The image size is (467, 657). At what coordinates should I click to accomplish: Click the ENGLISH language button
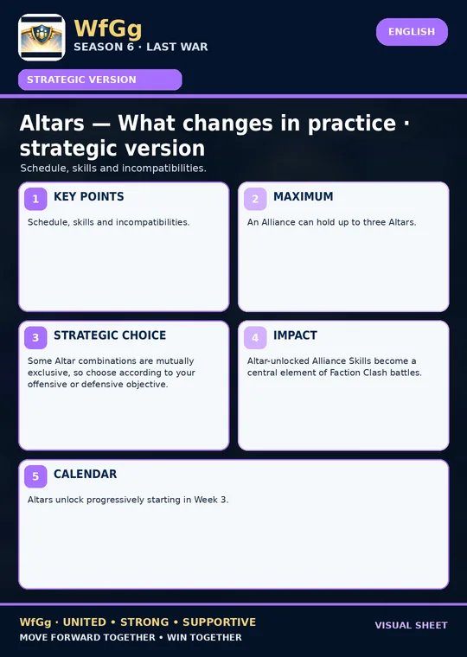click(412, 32)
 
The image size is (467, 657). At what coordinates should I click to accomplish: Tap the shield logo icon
click(42, 37)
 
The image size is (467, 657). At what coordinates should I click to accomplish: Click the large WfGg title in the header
click(108, 29)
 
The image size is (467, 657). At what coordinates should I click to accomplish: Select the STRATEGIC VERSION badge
click(99, 80)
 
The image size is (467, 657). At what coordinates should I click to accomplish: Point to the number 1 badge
click(35, 199)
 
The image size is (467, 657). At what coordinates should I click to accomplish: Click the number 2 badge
click(255, 199)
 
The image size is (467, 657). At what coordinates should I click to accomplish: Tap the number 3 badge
click(35, 337)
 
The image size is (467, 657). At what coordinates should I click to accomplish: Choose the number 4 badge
click(255, 337)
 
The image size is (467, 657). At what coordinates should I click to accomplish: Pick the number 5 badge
click(35, 476)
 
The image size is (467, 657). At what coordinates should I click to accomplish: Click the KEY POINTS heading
click(89, 196)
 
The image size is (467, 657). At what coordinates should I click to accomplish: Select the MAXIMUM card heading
click(303, 196)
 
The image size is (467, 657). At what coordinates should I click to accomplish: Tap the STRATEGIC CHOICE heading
click(110, 335)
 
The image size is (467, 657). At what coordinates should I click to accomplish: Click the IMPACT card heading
click(295, 335)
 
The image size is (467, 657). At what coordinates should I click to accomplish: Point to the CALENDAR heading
click(85, 474)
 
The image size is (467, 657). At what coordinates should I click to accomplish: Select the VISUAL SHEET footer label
click(412, 625)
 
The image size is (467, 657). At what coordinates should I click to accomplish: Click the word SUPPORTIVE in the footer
click(220, 622)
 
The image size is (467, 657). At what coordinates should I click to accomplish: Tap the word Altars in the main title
click(52, 123)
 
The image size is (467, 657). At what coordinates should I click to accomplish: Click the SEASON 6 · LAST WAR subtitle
click(141, 47)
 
